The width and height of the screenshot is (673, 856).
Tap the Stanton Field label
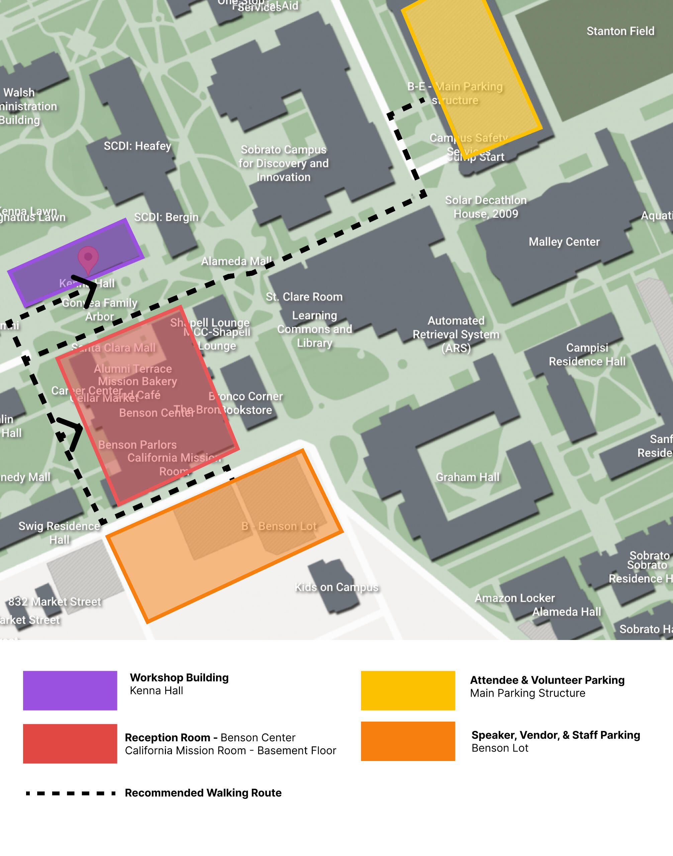pos(620,31)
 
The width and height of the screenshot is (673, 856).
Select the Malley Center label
pos(564,242)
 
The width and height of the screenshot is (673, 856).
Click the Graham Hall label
pos(467,477)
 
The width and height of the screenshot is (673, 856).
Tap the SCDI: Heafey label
pos(137,146)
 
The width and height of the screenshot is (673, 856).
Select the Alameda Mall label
pos(236,261)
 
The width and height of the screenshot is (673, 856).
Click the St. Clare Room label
pos(304,297)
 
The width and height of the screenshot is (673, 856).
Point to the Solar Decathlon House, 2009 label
pos(485,207)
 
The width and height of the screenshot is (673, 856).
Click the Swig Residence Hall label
pos(59,533)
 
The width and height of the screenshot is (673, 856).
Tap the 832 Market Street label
pos(55,602)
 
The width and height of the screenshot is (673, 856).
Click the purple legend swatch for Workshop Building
pos(70,690)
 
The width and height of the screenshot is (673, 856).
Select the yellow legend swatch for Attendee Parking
pos(408,690)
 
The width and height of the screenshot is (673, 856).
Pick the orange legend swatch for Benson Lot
pos(408,741)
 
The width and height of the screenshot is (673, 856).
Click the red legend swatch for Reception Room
pos(70,743)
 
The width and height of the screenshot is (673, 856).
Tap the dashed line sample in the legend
pos(70,793)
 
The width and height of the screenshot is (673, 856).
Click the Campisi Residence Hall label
pos(587,354)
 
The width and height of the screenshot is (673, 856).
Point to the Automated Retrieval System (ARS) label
pos(456,334)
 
